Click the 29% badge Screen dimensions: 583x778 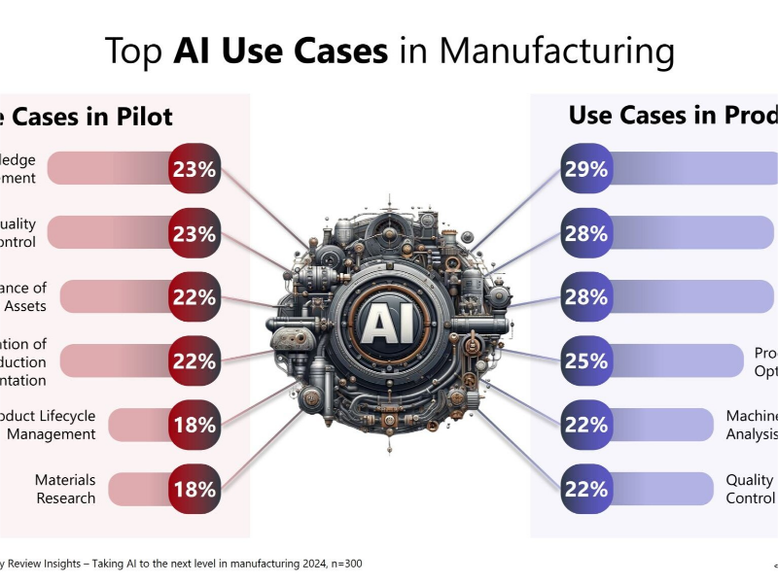click(585, 170)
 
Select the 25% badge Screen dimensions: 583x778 click(585, 361)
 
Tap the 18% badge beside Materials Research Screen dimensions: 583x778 click(194, 489)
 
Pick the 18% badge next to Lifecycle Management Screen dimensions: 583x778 click(194, 425)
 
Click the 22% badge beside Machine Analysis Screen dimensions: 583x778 click(585, 425)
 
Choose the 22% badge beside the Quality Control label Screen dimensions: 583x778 click(585, 489)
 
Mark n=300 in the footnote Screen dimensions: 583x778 click(341, 563)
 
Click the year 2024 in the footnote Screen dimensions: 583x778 click(300, 563)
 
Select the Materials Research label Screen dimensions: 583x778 click(66, 489)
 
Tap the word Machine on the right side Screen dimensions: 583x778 click(752, 416)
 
